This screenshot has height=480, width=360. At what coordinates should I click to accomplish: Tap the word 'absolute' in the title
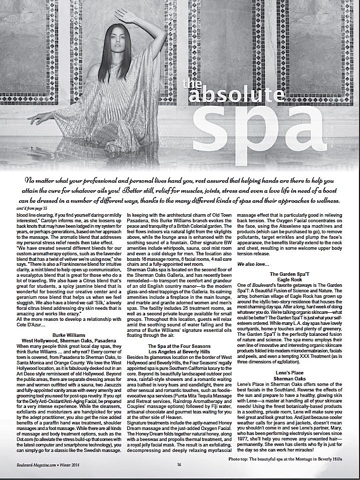pyautogui.click(x=240, y=95)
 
